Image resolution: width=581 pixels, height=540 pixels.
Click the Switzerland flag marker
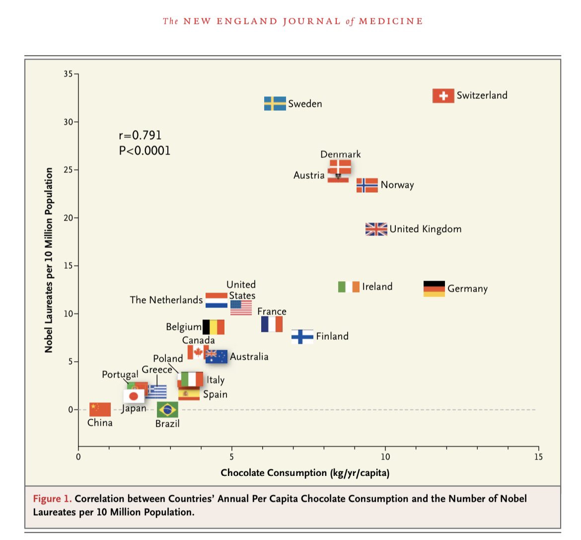coord(443,96)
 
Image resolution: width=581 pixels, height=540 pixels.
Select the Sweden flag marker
coord(275,103)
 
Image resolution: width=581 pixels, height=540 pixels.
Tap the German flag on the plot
coord(434,289)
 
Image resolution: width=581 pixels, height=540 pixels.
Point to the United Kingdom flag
coord(376,229)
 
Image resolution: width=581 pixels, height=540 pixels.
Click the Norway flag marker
coord(367,185)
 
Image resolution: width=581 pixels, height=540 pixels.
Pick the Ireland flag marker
coord(349,287)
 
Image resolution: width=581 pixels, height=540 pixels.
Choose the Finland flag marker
coord(302,336)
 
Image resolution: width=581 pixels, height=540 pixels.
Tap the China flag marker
coord(100,409)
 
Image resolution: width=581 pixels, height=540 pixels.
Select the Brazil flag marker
coord(167,410)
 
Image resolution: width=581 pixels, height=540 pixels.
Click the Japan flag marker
coord(133,396)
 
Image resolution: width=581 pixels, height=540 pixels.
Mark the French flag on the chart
coord(272,324)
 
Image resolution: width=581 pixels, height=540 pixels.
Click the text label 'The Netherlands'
coord(166,300)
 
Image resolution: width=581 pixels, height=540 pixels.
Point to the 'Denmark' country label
coord(340,154)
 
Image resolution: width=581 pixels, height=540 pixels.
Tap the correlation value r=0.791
coord(140,135)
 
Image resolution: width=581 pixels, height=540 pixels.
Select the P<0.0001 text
coord(145,151)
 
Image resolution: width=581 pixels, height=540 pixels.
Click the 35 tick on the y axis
coord(68,74)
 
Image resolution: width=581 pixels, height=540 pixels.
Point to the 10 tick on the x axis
coord(385,457)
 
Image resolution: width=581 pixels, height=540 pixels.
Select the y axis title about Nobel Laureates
coord(49,260)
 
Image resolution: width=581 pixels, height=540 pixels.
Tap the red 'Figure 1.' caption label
coord(52,499)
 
